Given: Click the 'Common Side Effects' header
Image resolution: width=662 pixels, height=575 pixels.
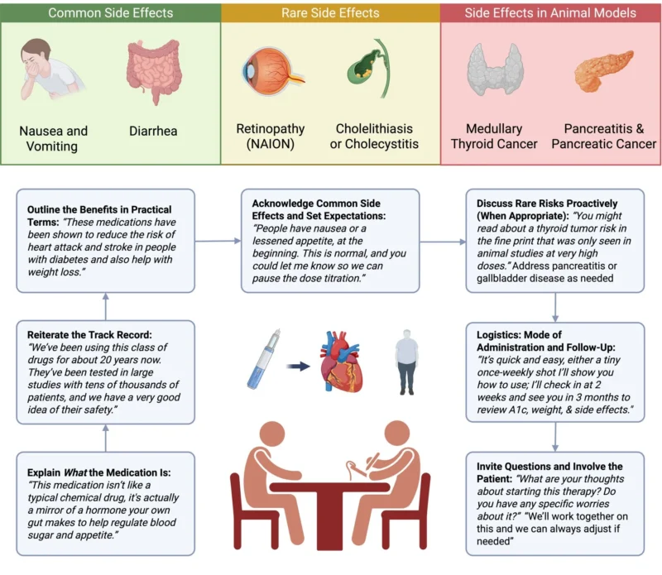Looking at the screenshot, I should click(x=110, y=12).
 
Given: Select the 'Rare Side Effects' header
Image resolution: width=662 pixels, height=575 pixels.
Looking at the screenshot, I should click(x=330, y=12).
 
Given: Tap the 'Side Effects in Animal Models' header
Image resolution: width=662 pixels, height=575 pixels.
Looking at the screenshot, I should click(x=550, y=12).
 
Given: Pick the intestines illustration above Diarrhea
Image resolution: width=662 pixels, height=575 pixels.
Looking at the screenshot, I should click(x=153, y=73).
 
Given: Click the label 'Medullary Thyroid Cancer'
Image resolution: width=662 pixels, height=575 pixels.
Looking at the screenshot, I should click(x=494, y=137).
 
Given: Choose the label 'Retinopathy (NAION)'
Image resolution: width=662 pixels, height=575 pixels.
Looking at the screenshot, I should click(x=270, y=137).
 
